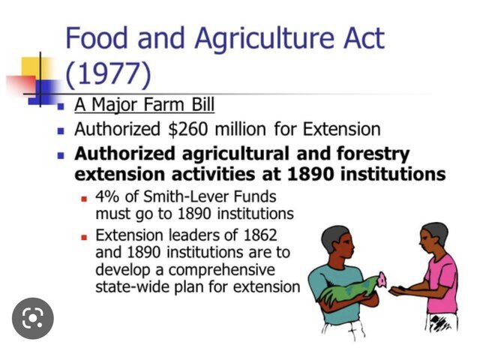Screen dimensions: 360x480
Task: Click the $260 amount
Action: pyautogui.click(x=200, y=129)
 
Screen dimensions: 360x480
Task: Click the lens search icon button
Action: pyautogui.click(x=32, y=319)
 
